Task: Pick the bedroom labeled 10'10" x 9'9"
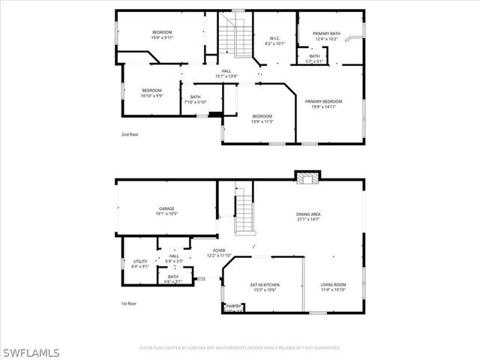pyautogui.click(x=152, y=93)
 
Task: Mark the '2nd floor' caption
pyautogui.click(x=130, y=134)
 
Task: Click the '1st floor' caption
pyautogui.click(x=129, y=304)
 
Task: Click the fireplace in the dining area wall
pyautogui.click(x=306, y=178)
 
